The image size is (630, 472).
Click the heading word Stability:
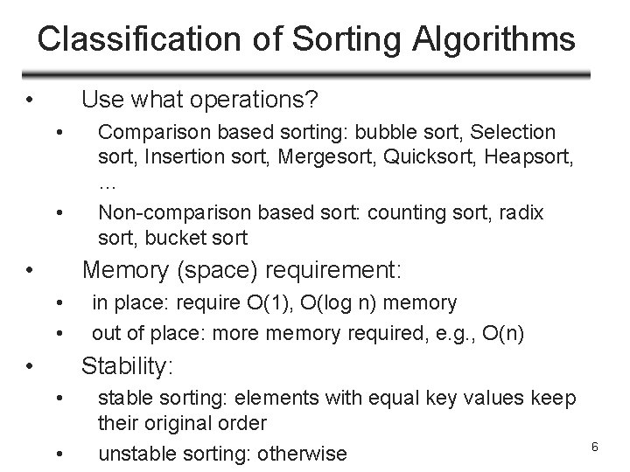tap(127, 366)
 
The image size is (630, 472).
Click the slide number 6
tap(594, 448)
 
